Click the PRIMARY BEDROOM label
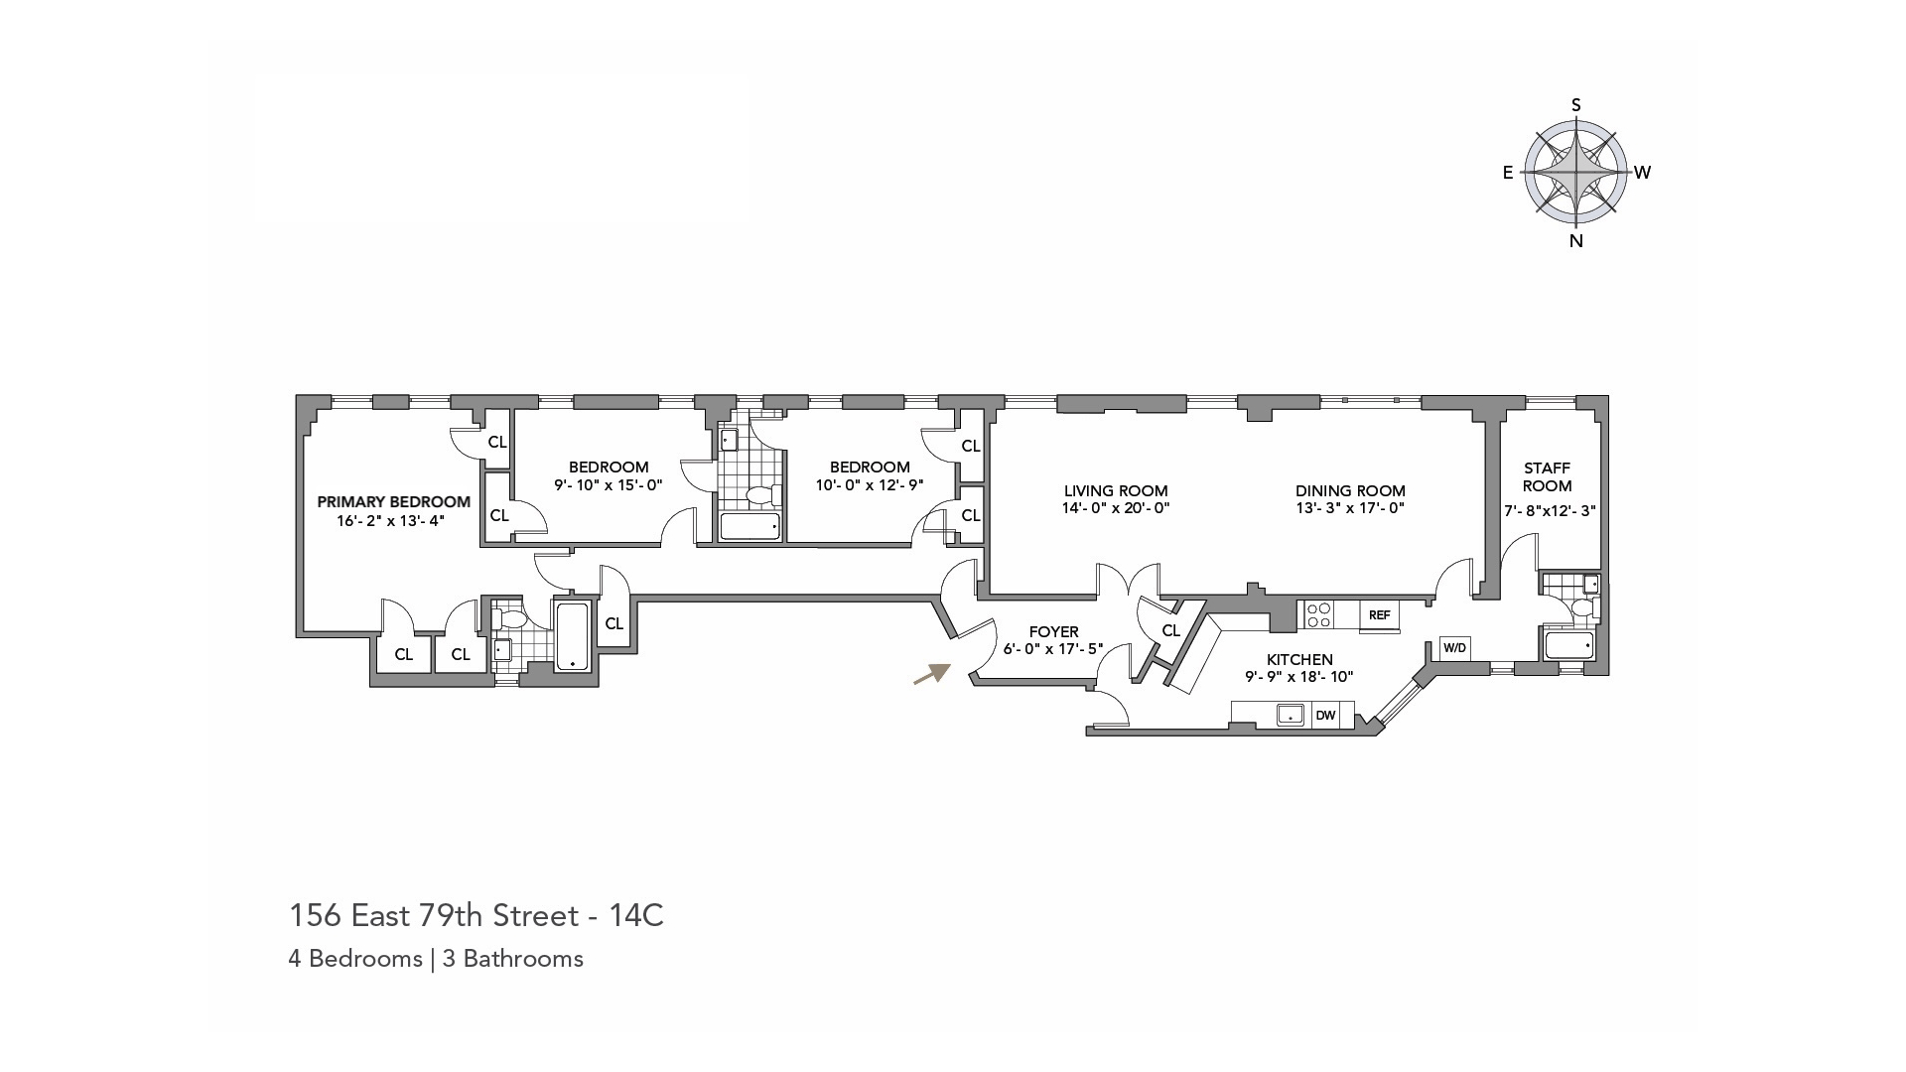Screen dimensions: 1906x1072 (393, 502)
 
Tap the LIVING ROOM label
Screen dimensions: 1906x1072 (1116, 490)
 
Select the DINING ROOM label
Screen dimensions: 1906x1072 (1350, 490)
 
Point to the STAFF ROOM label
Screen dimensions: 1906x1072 (1547, 477)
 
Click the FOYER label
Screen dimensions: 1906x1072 (1053, 632)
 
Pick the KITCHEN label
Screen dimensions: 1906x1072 (1299, 660)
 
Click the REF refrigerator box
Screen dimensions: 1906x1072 (1379, 615)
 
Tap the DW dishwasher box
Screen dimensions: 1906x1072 (1325, 715)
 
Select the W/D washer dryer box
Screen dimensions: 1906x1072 (1454, 648)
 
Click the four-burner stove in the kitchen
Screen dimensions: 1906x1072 (1318, 615)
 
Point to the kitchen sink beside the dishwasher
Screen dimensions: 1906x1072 (1291, 715)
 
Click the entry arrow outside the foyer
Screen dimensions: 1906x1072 (931, 675)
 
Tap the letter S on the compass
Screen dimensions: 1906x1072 (1575, 105)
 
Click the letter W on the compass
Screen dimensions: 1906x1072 (1643, 173)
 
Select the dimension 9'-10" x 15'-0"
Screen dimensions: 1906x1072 (608, 485)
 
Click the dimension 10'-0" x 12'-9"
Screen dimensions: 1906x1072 (870, 485)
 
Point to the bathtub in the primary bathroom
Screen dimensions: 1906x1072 (572, 636)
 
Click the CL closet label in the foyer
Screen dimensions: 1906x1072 (1170, 631)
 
